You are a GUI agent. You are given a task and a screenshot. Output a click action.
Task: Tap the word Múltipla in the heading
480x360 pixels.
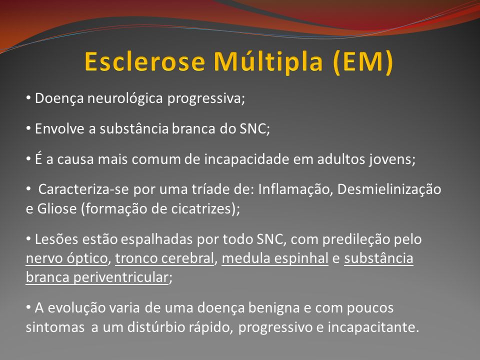click(x=268, y=61)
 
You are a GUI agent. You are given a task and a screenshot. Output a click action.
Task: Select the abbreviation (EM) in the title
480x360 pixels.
click(x=363, y=62)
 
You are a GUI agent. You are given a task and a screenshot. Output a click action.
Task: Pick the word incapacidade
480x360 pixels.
click(x=246, y=159)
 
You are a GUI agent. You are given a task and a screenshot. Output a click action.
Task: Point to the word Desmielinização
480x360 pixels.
click(x=389, y=189)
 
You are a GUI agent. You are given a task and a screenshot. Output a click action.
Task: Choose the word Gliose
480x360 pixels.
click(x=57, y=209)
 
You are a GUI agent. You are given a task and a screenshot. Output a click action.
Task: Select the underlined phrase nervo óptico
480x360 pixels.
click(x=66, y=258)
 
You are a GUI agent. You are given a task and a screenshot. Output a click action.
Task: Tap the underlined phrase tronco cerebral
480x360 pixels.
click(x=164, y=258)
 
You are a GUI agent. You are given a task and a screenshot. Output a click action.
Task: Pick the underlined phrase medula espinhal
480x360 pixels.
click(x=275, y=258)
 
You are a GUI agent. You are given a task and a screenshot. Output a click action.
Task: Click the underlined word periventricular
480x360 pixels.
click(x=121, y=277)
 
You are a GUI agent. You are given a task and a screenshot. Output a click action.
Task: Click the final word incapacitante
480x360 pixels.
click(x=373, y=327)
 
